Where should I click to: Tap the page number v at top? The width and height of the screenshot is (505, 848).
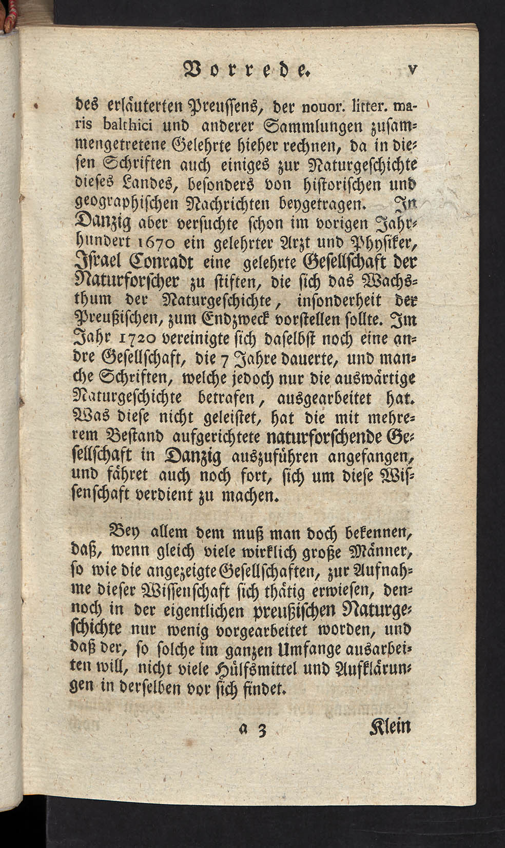(x=411, y=68)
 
